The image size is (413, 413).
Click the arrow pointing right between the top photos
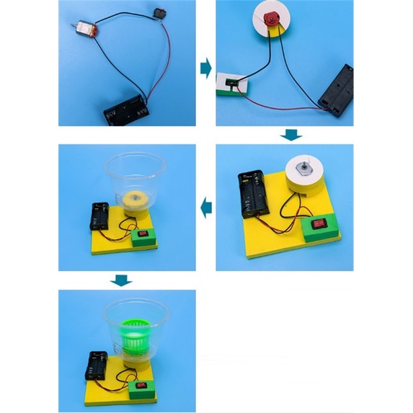tap(205, 69)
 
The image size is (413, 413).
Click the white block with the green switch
tap(234, 86)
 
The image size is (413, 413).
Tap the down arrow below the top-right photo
tap(291, 135)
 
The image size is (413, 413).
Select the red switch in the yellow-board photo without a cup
tap(319, 224)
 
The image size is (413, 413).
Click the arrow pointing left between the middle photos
tap(205, 208)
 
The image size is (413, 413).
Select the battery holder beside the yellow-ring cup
tap(100, 216)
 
